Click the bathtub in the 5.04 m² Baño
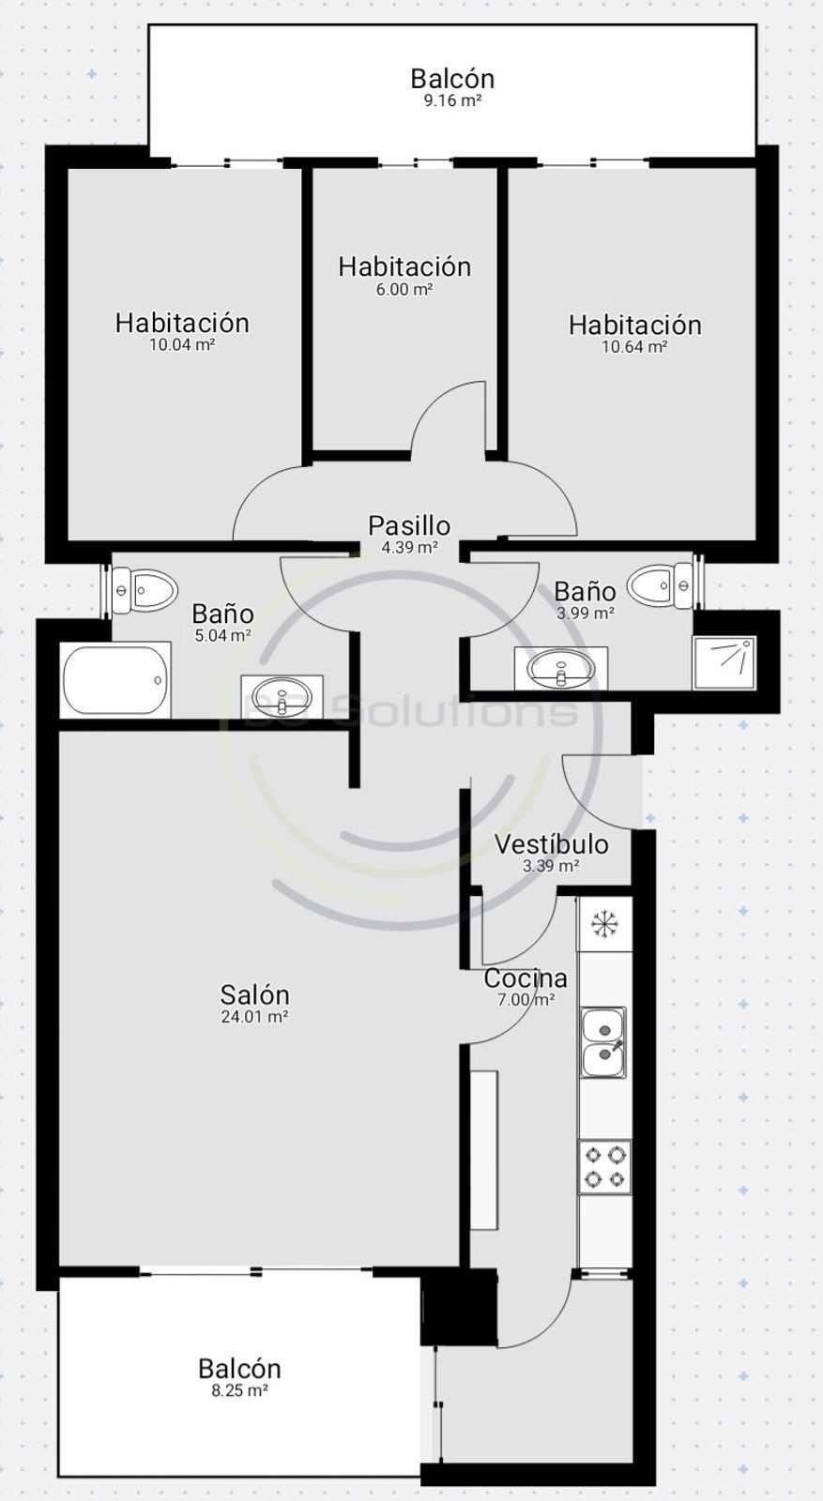(x=114, y=679)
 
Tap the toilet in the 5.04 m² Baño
(x=145, y=591)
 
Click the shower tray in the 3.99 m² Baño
(x=724, y=662)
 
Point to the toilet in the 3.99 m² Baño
(x=660, y=585)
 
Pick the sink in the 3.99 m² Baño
(x=561, y=667)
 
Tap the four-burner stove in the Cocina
(x=604, y=1167)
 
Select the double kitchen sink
(x=603, y=1042)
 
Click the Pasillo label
(x=409, y=525)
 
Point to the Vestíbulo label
(x=552, y=843)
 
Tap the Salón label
(x=254, y=993)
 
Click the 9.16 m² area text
(x=453, y=101)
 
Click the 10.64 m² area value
(x=634, y=346)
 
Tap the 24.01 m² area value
(x=254, y=1017)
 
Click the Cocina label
(x=526, y=978)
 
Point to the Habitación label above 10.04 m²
(x=182, y=323)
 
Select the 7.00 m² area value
(x=526, y=1000)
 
